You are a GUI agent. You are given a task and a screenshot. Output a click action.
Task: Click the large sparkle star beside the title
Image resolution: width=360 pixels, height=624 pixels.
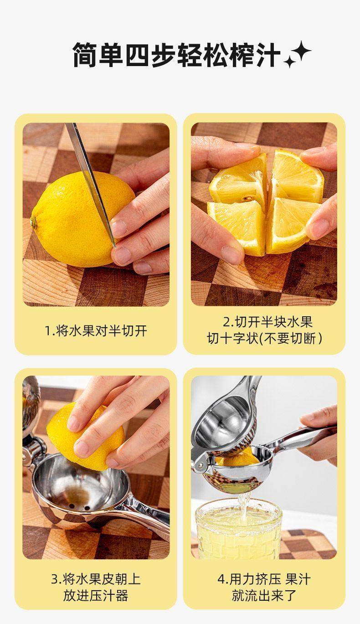300,52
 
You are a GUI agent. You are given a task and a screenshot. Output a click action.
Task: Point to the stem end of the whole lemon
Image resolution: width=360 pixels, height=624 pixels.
34,222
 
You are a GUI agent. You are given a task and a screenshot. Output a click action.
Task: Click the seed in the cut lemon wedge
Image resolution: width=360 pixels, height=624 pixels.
246,199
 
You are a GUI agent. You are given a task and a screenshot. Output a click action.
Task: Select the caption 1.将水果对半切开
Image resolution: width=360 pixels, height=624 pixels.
96,330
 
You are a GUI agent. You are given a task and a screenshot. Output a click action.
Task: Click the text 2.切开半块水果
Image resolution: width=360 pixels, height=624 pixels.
267,322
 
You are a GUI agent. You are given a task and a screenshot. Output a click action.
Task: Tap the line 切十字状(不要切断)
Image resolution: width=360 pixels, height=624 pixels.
265,339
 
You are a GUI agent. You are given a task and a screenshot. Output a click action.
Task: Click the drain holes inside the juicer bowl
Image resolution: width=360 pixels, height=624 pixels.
79,507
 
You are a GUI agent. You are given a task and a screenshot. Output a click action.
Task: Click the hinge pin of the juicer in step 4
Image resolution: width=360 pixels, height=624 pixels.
200,464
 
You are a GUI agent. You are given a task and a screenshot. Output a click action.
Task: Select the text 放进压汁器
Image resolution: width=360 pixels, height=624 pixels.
96,596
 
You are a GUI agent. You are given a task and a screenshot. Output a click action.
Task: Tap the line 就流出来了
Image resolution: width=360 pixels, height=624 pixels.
264,596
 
